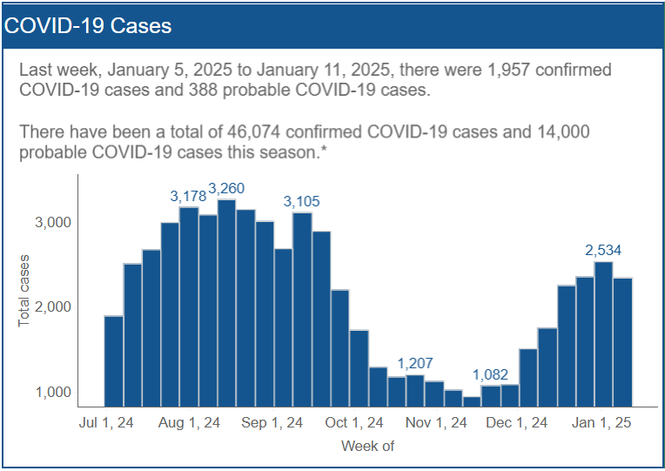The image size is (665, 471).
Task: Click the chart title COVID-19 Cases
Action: [88, 25]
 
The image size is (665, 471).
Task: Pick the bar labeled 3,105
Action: [302, 309]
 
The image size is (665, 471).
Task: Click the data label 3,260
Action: [226, 189]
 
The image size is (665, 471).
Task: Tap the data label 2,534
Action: [604, 251]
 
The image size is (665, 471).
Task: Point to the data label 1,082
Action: [491, 374]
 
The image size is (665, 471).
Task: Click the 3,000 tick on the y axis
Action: [52, 222]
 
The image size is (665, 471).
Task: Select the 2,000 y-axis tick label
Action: [52, 307]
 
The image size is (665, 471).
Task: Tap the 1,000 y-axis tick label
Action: [52, 393]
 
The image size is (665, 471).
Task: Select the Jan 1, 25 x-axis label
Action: [600, 423]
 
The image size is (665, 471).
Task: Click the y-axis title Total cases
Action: [24, 291]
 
